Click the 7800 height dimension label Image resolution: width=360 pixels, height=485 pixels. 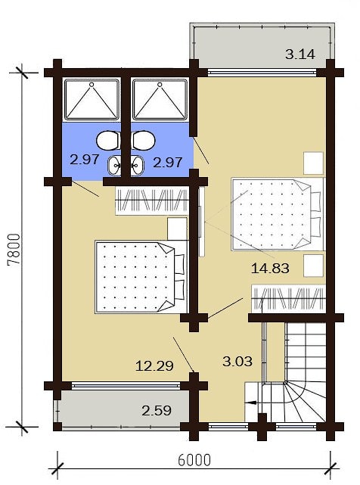(14, 250)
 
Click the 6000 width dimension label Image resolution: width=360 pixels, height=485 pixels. (194, 460)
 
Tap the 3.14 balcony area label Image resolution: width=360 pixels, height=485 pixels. (300, 54)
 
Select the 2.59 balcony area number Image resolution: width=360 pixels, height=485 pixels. (157, 411)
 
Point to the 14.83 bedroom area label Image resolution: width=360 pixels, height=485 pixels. (270, 268)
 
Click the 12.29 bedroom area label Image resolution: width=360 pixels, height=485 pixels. (154, 366)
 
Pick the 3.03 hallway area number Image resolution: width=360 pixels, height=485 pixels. (237, 361)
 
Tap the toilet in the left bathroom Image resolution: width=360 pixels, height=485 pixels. (109, 141)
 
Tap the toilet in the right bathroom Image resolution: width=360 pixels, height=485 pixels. (144, 141)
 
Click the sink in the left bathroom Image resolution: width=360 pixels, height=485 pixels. (114, 166)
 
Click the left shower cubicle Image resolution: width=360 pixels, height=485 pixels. (92, 99)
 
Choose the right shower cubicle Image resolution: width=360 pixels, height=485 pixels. (160, 99)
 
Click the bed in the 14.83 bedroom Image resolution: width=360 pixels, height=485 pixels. (277, 214)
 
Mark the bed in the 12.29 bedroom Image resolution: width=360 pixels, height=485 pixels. (141, 277)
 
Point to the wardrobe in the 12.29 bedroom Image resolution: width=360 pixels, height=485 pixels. (152, 201)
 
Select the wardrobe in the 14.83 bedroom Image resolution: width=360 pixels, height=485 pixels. (288, 299)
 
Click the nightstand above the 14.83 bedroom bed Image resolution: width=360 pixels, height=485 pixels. (313, 163)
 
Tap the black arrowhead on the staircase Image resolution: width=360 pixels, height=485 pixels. (250, 403)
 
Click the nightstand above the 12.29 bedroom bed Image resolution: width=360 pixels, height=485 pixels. (177, 229)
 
